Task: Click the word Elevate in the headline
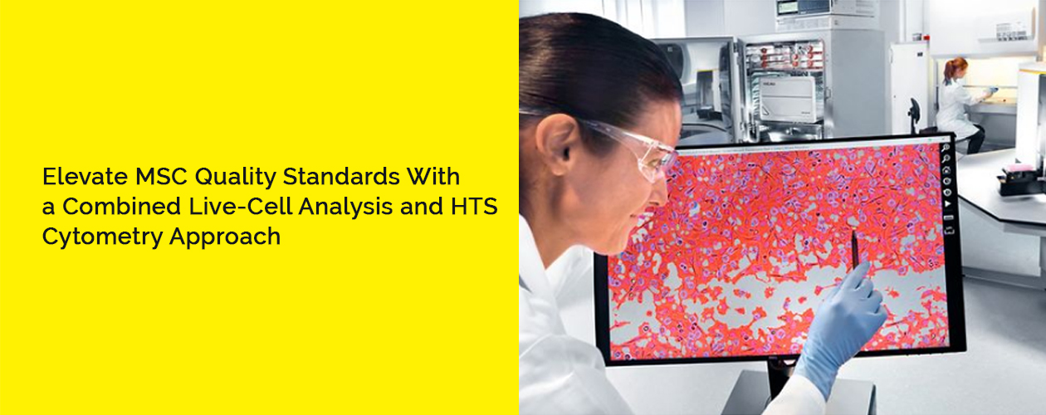point(77,177)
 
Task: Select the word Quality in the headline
point(224,178)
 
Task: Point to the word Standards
point(335,177)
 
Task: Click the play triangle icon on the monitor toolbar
point(948,202)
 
